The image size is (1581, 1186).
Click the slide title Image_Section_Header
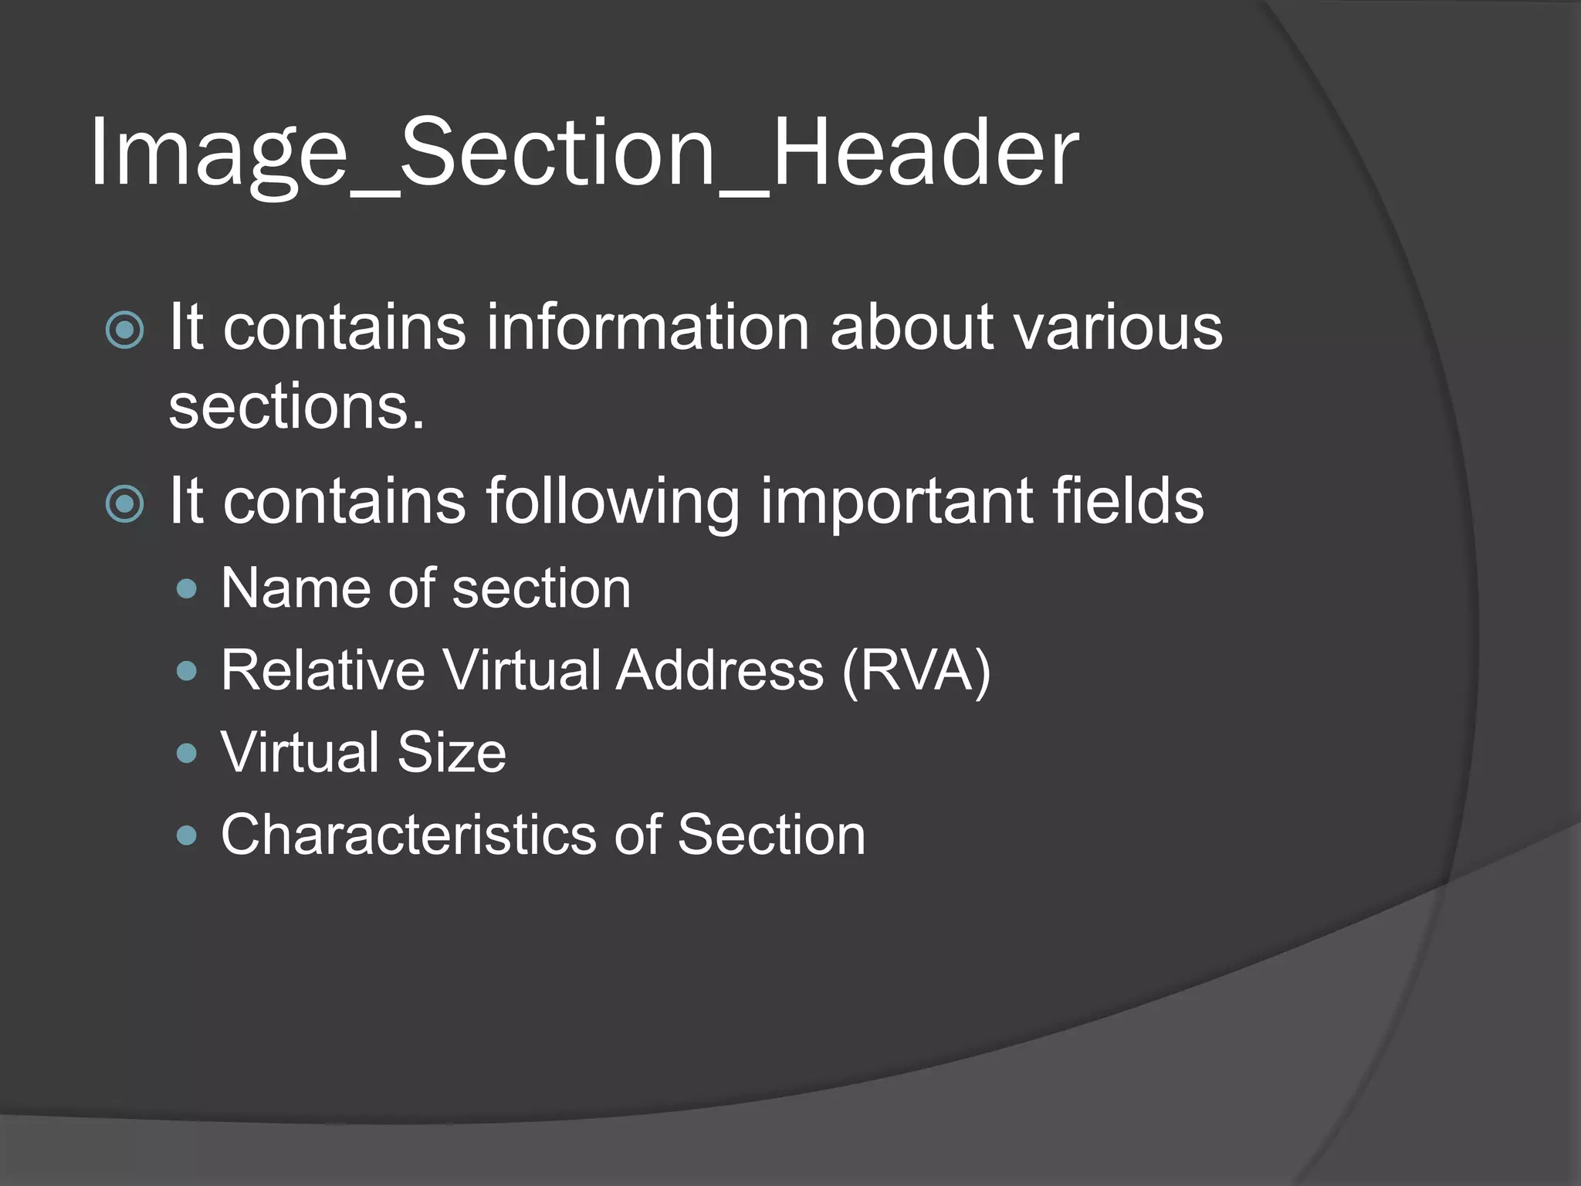click(584, 152)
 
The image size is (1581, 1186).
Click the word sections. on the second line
click(296, 407)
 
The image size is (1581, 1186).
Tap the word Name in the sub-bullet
click(293, 589)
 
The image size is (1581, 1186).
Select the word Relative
click(323, 670)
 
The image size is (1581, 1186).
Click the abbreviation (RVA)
click(916, 670)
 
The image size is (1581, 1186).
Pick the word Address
click(719, 670)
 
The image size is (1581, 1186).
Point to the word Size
click(452, 752)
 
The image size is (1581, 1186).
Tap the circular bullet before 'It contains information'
click(125, 330)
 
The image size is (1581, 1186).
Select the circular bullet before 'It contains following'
click(125, 504)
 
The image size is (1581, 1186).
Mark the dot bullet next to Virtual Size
click(186, 754)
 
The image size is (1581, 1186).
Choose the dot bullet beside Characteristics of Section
click(186, 835)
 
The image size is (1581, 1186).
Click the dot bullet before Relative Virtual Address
click(186, 672)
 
